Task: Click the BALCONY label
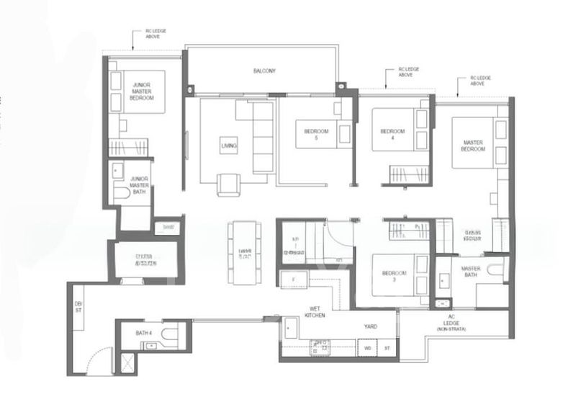tap(264, 71)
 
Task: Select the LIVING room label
tap(228, 146)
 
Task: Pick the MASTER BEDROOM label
tap(472, 146)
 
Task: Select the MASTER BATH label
tap(471, 272)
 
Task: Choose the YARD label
tap(370, 326)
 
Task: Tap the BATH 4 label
tap(144, 333)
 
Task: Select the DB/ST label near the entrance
tap(78, 308)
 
